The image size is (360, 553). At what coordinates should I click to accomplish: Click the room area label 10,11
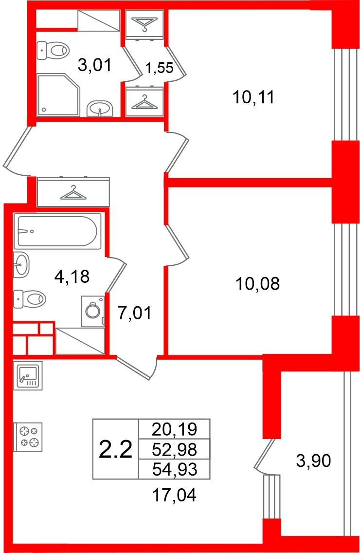(x=253, y=97)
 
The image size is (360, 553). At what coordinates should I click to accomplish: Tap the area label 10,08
(x=258, y=283)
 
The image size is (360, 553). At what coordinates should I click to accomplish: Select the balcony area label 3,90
(x=313, y=461)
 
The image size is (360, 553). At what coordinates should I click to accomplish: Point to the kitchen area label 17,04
(x=174, y=495)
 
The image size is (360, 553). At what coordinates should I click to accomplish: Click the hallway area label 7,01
(x=135, y=313)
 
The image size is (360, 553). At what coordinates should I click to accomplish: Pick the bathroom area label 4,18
(x=72, y=276)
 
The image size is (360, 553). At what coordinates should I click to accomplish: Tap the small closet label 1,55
(x=160, y=68)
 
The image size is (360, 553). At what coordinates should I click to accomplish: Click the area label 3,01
(x=94, y=65)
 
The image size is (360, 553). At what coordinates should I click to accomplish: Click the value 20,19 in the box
(x=175, y=429)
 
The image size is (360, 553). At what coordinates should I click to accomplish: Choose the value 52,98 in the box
(x=175, y=449)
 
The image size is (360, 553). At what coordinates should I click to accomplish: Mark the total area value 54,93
(x=175, y=469)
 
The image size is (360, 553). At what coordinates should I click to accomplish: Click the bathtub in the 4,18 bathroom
(x=57, y=231)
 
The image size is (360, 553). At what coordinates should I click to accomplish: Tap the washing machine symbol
(x=93, y=312)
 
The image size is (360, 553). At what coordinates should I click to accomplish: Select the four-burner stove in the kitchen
(x=28, y=437)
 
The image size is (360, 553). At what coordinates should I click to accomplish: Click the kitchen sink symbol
(x=28, y=376)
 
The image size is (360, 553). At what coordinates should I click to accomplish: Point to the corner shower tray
(x=58, y=94)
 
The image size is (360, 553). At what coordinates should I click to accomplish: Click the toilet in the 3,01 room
(x=53, y=51)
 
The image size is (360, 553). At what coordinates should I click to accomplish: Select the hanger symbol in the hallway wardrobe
(x=73, y=193)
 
